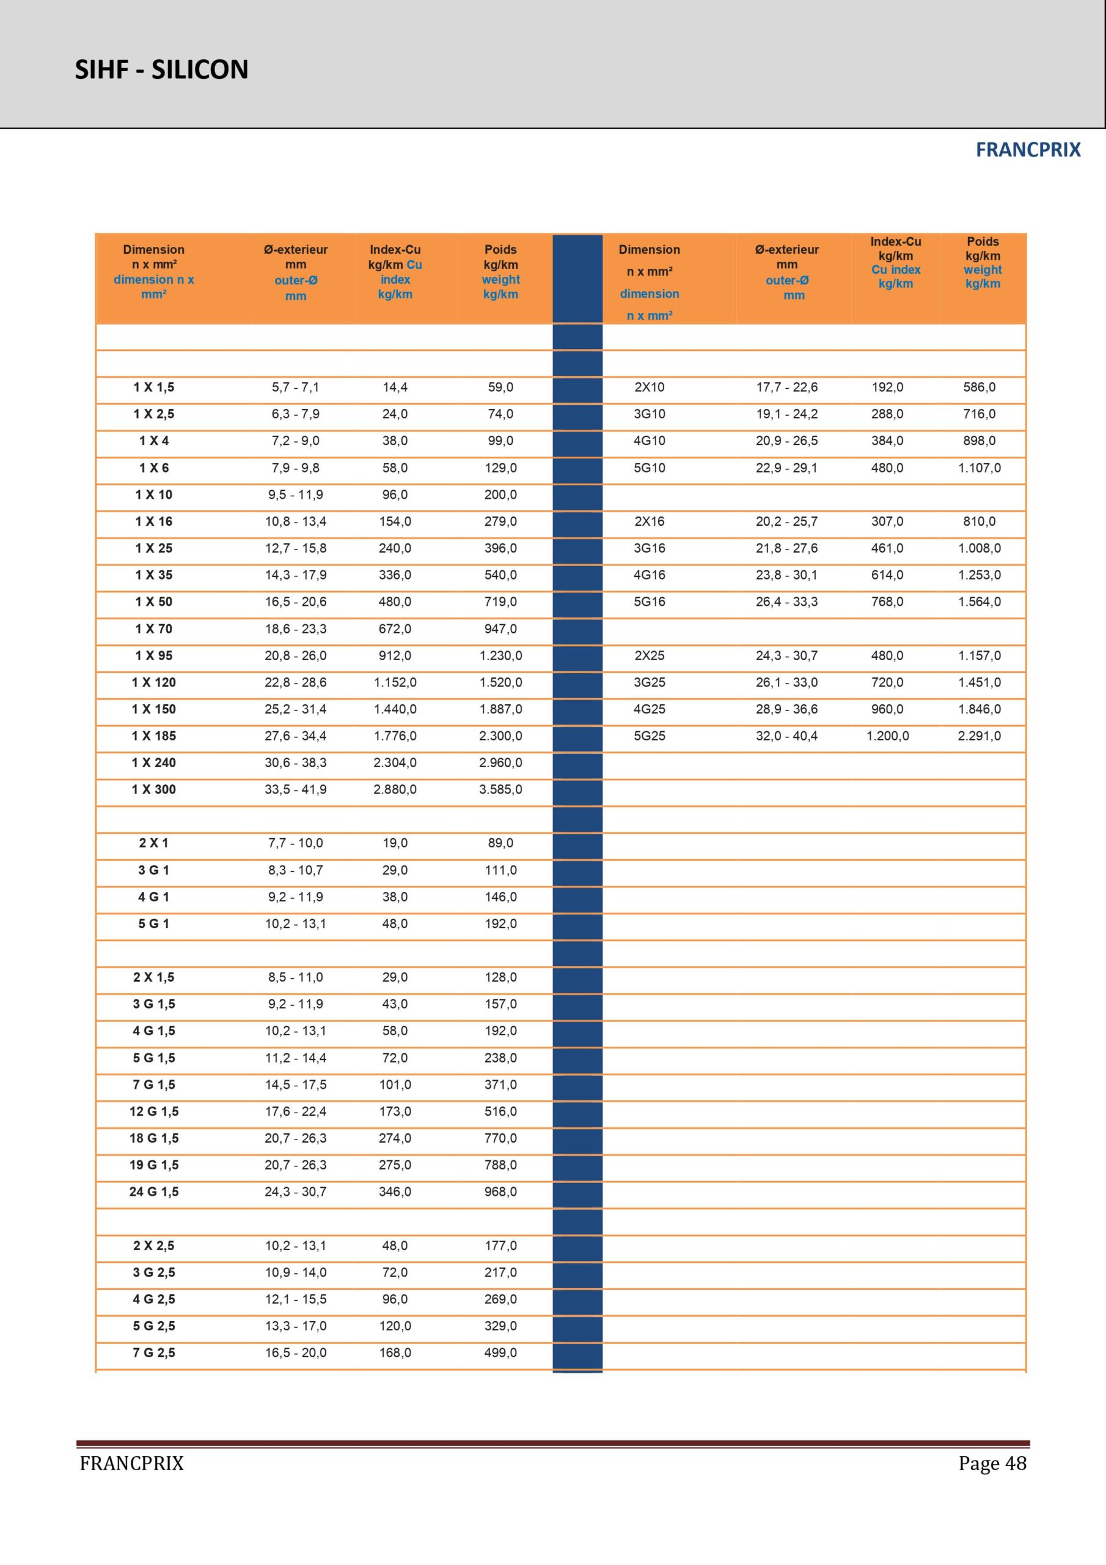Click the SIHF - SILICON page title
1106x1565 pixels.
point(161,70)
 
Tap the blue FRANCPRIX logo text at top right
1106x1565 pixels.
point(1028,150)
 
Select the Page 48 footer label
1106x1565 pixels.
point(992,1463)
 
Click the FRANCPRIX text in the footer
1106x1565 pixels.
point(131,1464)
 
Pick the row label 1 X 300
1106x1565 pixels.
point(154,789)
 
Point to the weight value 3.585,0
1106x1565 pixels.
point(500,789)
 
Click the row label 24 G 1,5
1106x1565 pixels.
point(154,1191)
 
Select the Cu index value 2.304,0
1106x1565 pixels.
point(395,763)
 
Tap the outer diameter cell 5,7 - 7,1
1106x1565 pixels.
point(295,387)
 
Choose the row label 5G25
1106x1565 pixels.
point(649,736)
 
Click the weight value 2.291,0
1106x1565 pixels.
point(980,736)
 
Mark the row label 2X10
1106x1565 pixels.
point(649,387)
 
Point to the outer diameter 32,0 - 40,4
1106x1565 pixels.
point(786,736)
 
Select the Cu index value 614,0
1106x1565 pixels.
point(887,575)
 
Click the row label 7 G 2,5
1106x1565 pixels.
point(154,1352)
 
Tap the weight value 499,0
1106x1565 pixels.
point(500,1352)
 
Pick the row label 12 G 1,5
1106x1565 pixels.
point(154,1111)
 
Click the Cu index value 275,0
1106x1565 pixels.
point(395,1165)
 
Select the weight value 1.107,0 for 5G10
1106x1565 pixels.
point(980,468)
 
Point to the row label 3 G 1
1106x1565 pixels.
point(154,870)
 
